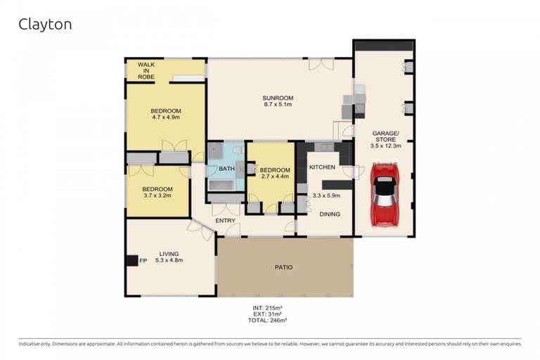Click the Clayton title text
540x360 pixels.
[x=44, y=25]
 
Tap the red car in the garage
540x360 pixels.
[x=385, y=195]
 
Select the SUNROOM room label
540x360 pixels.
[x=278, y=98]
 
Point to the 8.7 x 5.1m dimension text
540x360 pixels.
[x=278, y=105]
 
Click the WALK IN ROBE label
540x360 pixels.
[x=146, y=70]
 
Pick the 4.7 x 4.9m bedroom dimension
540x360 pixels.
[x=166, y=118]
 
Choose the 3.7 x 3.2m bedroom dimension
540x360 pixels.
[x=157, y=196]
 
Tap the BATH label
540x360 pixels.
[x=226, y=169]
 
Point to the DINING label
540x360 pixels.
[x=329, y=214]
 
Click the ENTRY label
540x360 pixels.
[x=225, y=221]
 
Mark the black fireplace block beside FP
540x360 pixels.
[x=131, y=261]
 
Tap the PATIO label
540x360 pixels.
[x=283, y=267]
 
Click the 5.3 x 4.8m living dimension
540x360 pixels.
[x=169, y=261]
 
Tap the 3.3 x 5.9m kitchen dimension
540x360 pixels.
[x=326, y=195]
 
